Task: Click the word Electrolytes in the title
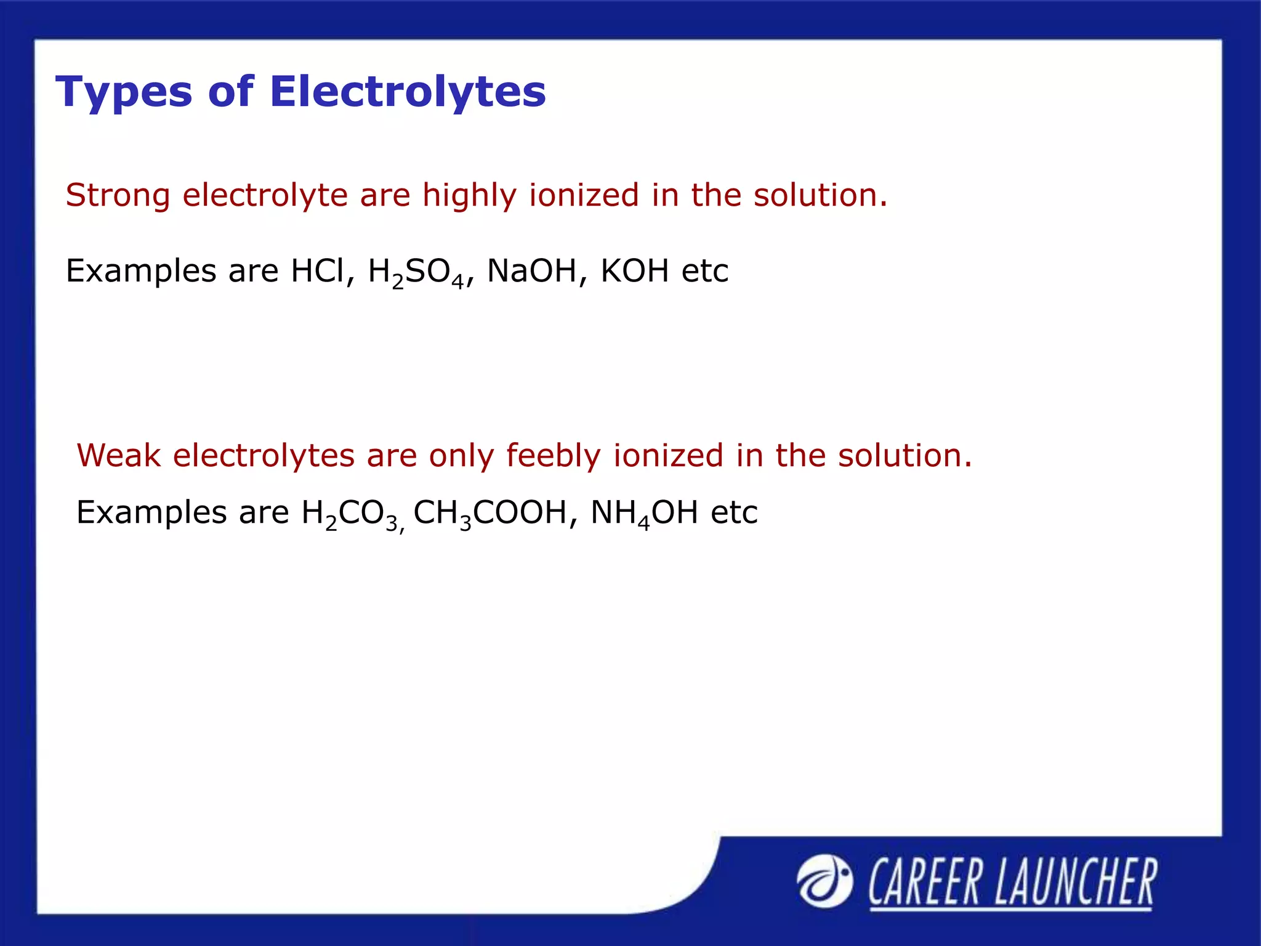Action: point(408,91)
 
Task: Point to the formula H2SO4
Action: point(416,272)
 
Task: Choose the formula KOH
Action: point(634,270)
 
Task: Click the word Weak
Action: point(118,456)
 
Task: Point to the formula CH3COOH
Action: point(490,513)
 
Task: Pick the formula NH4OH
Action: point(643,513)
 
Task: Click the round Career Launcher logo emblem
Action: point(824,882)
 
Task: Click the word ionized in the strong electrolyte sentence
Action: point(584,196)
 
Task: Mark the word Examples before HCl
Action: point(141,272)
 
